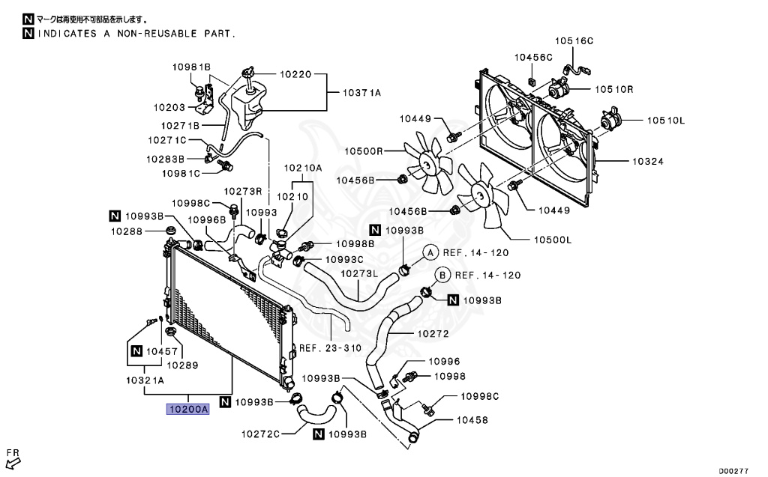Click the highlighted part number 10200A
pos(187,410)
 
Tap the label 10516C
pos(574,40)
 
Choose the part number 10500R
pos(364,151)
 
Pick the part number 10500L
pos(552,240)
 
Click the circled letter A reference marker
pos(431,253)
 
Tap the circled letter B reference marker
pos(442,275)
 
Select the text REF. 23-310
pos(330,348)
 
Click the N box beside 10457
pos(136,351)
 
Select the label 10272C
pos(261,434)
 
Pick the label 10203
pos(169,107)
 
